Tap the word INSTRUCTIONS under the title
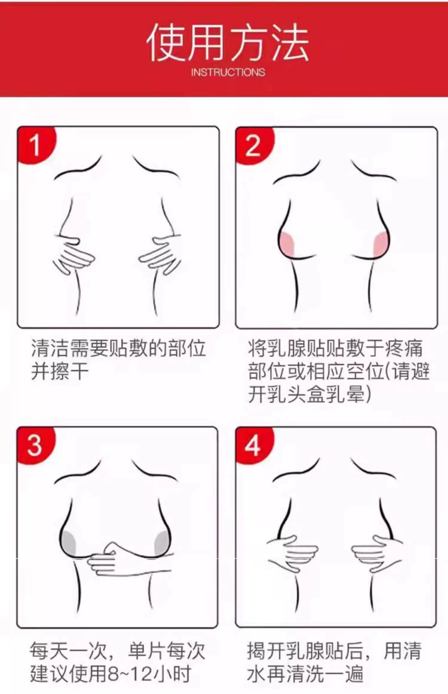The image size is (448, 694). coord(228,72)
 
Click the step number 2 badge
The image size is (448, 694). coord(254,145)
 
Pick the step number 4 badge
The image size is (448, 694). coord(254,446)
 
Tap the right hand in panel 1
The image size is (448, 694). coord(161,254)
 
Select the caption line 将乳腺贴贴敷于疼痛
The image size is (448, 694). coord(335,348)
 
